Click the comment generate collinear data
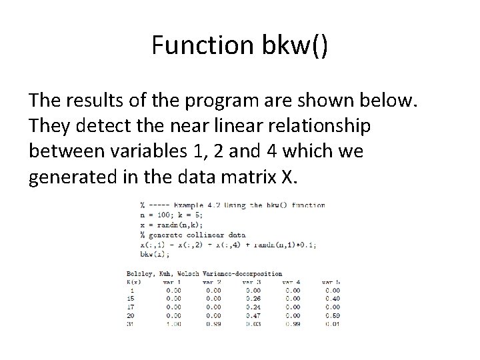[x=193, y=235]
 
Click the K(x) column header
[x=133, y=282]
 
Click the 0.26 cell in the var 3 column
[x=253, y=298]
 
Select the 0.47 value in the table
[x=253, y=315]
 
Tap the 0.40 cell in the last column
[x=331, y=298]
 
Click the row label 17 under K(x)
[x=132, y=307]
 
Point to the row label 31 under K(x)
[x=132, y=324]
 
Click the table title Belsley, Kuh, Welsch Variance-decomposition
[x=203, y=273]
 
